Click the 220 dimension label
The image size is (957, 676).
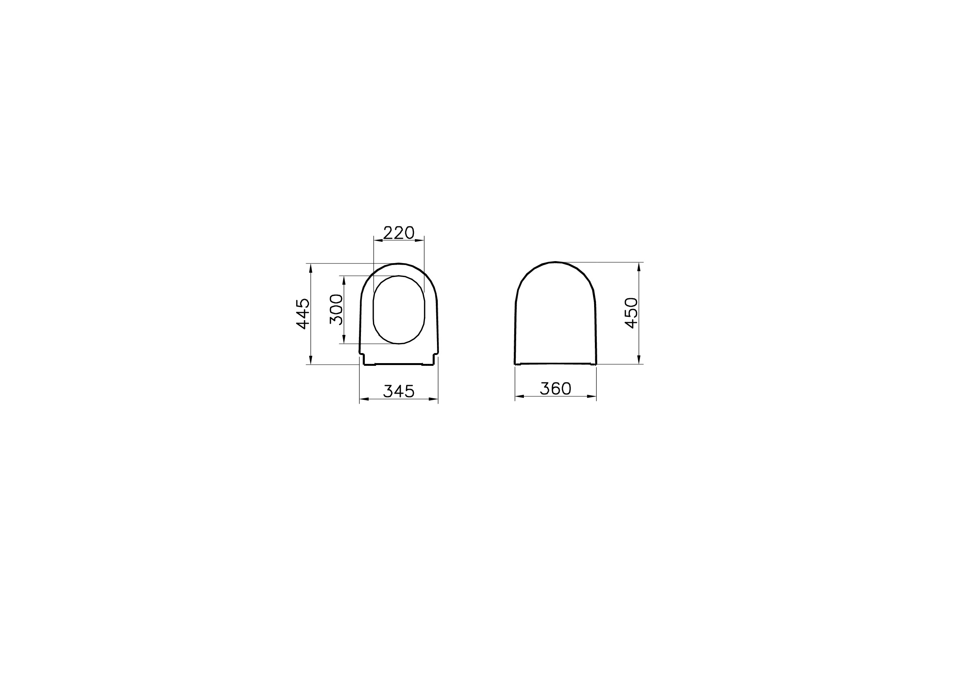click(398, 233)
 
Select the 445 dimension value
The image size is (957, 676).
click(303, 314)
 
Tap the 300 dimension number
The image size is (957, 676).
click(336, 309)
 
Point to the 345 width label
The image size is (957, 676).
click(398, 391)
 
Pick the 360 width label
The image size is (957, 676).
click(555, 389)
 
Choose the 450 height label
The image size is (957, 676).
click(632, 313)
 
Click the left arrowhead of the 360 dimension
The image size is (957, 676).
click(520, 396)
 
